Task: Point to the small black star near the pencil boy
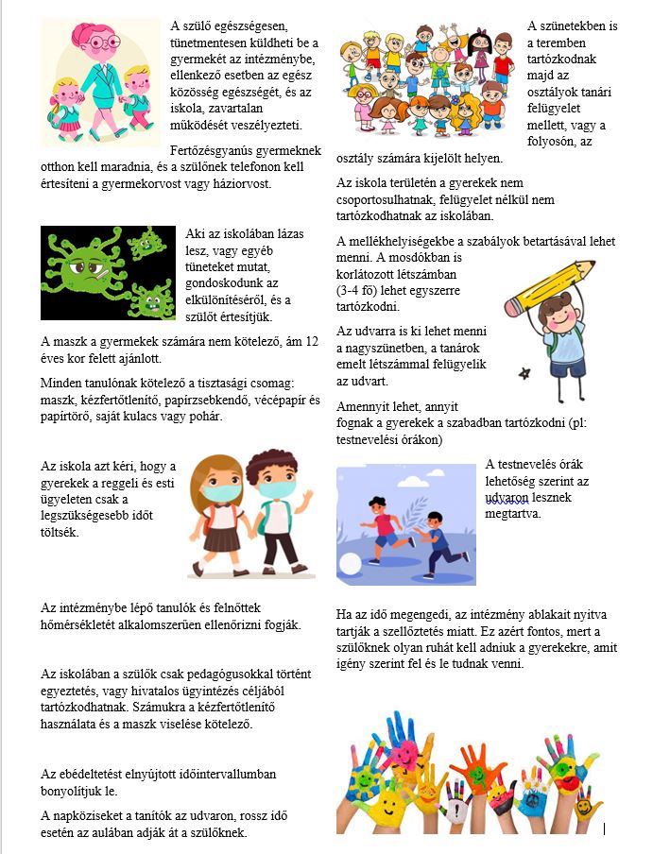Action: (x=523, y=374)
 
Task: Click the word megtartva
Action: (x=512, y=515)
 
